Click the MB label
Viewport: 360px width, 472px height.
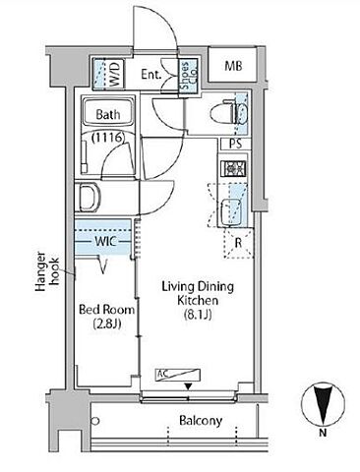click(233, 66)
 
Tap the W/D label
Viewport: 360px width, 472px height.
click(115, 74)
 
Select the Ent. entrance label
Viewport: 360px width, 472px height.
click(151, 75)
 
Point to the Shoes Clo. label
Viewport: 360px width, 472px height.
click(188, 77)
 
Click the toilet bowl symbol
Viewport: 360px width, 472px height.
click(228, 113)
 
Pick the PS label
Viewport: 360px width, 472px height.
click(235, 145)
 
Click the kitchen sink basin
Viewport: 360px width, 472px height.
click(231, 209)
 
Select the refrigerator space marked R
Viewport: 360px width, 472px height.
click(238, 244)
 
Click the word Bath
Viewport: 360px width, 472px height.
click(108, 115)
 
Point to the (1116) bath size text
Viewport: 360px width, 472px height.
click(108, 138)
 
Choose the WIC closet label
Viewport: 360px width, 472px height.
click(105, 242)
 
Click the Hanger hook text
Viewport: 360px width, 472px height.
click(46, 271)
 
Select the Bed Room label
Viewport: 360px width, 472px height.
click(107, 310)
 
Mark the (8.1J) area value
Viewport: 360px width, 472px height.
click(198, 315)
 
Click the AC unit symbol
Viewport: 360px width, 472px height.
click(178, 375)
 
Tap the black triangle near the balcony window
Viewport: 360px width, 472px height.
click(188, 386)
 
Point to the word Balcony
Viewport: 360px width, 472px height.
click(201, 421)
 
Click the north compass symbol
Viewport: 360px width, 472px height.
click(324, 405)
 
